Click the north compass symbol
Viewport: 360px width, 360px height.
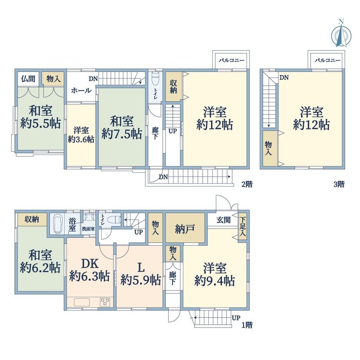pos(341,34)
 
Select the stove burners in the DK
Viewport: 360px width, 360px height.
pos(105,302)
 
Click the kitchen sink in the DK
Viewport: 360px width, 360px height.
pos(82,302)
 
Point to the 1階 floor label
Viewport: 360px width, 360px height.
pos(247,325)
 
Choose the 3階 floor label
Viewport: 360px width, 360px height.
pos(339,184)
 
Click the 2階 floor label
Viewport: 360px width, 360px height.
pos(247,184)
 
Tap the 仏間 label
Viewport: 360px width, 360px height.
pos(28,79)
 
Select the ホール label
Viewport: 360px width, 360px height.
pos(81,90)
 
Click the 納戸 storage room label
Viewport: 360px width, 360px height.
pos(185,229)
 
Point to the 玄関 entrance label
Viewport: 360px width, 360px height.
pos(223,220)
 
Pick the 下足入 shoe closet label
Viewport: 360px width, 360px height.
pos(243,227)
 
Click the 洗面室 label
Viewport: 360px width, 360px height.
pos(88,229)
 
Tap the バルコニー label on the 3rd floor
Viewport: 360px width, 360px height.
pos(328,61)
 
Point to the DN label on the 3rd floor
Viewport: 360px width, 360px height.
pos(284,77)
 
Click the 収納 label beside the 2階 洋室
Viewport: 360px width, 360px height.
pos(173,86)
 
